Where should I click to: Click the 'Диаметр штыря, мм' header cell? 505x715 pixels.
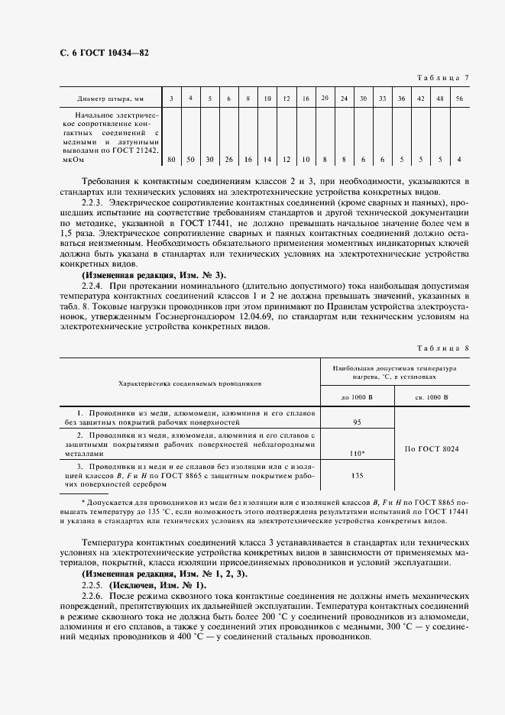coord(110,99)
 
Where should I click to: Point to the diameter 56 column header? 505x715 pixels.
coord(458,99)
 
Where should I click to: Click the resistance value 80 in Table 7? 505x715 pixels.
coord(171,159)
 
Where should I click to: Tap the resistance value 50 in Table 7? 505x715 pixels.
coord(190,159)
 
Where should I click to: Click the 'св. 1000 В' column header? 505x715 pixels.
coord(432,397)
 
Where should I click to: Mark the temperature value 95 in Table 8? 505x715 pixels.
coord(357,422)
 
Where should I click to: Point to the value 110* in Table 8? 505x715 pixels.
coord(357,453)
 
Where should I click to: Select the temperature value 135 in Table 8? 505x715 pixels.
coord(357,474)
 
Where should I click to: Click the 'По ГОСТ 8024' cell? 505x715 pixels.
coord(432,448)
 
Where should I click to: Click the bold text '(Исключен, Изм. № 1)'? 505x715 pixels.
coord(157,584)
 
